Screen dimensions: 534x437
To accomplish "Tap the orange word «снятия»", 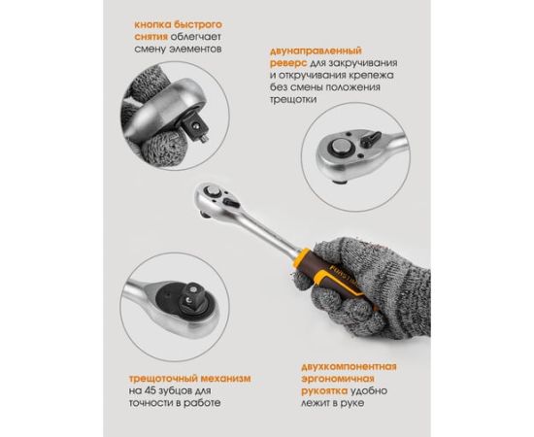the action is pos(150,37).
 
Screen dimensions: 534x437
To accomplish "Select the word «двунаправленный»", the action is pos(316,51).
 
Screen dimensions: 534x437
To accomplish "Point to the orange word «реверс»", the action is pos(288,63).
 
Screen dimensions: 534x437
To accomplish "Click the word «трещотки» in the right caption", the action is pos(293,99).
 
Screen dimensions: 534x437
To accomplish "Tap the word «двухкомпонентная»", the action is pos(349,366).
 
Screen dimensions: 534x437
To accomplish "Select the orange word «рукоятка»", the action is pos(324,391).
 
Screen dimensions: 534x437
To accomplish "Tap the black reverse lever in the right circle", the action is pos(370,138).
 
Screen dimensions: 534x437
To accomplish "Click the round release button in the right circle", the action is pos(342,149).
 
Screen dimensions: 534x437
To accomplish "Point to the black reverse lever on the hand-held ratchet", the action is pos(231,203).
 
